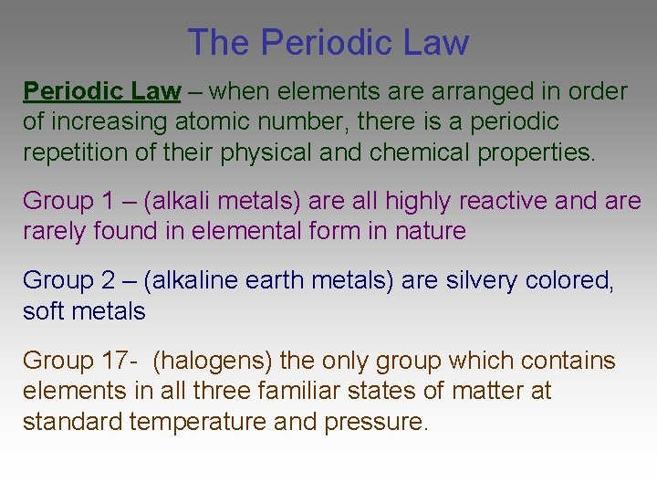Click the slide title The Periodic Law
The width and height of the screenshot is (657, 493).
pos(328,43)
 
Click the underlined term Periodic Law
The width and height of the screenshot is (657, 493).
pos(101,91)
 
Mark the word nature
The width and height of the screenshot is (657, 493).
pos(430,231)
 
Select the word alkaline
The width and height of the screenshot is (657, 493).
pos(191,280)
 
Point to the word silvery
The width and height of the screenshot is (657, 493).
pos(482,280)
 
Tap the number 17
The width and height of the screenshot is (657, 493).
pos(114,361)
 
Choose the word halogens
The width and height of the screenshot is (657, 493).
pos(213,361)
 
